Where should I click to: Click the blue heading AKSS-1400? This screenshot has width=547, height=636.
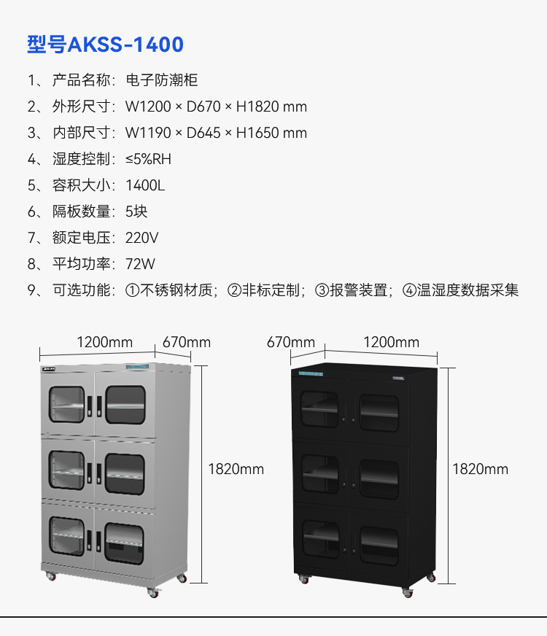(125, 44)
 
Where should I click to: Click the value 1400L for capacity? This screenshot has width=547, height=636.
(145, 185)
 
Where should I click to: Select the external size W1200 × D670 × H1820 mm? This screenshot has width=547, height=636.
(216, 106)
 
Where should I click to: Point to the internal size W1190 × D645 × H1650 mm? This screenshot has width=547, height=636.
(216, 133)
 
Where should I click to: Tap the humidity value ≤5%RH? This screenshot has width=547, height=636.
(148, 159)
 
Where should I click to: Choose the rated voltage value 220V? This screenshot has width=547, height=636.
(142, 238)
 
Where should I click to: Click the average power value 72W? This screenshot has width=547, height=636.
(140, 264)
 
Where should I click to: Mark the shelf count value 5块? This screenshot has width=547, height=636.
(136, 212)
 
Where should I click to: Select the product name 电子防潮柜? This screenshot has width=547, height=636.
(162, 80)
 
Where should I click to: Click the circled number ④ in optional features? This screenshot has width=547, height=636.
(410, 290)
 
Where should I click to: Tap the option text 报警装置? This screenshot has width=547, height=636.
(358, 290)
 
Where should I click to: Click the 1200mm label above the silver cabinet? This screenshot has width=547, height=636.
(105, 342)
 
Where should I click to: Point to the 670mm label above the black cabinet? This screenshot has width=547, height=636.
(291, 342)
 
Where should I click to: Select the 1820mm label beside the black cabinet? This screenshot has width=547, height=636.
(480, 469)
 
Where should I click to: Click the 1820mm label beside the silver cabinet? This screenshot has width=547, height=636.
(236, 469)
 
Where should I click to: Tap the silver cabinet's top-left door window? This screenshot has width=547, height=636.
(67, 404)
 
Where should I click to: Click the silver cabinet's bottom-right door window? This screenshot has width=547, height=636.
(124, 543)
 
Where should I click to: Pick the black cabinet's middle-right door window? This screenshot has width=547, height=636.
(379, 479)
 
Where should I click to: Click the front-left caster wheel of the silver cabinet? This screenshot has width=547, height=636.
(51, 576)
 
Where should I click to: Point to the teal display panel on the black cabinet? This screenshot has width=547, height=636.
(311, 373)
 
